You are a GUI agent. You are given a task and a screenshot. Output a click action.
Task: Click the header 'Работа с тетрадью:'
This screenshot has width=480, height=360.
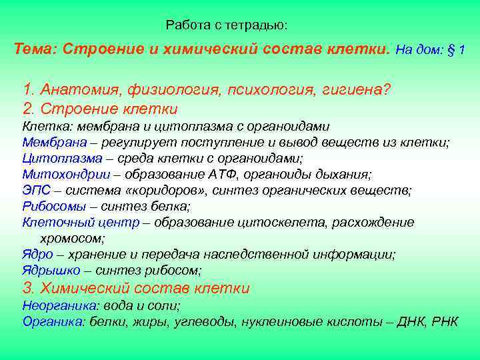click(x=227, y=25)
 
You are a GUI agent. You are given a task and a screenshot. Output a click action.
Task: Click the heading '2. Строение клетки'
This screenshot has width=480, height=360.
click(x=100, y=108)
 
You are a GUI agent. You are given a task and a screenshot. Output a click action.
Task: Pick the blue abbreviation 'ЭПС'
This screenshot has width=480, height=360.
click(x=34, y=190)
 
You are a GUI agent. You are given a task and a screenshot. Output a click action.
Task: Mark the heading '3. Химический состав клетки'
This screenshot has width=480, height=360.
click(x=136, y=288)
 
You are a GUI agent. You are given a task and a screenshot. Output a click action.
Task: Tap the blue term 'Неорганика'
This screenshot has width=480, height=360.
click(x=52, y=305)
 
